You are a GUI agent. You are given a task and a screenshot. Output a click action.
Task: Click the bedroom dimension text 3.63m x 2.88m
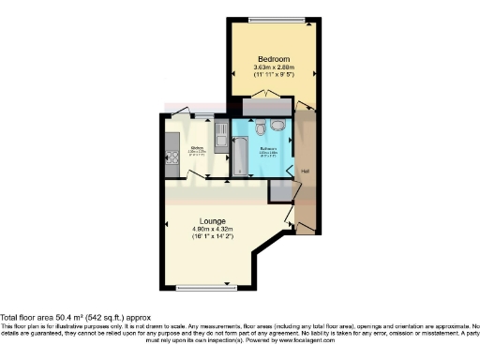[x=271, y=67]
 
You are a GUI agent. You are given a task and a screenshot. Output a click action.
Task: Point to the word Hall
[x=306, y=170]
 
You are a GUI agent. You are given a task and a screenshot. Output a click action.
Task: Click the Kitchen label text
[x=198, y=148]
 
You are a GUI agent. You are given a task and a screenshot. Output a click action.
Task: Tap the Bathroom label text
[x=269, y=148]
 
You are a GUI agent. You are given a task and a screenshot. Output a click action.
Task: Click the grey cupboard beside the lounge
[x=279, y=190]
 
